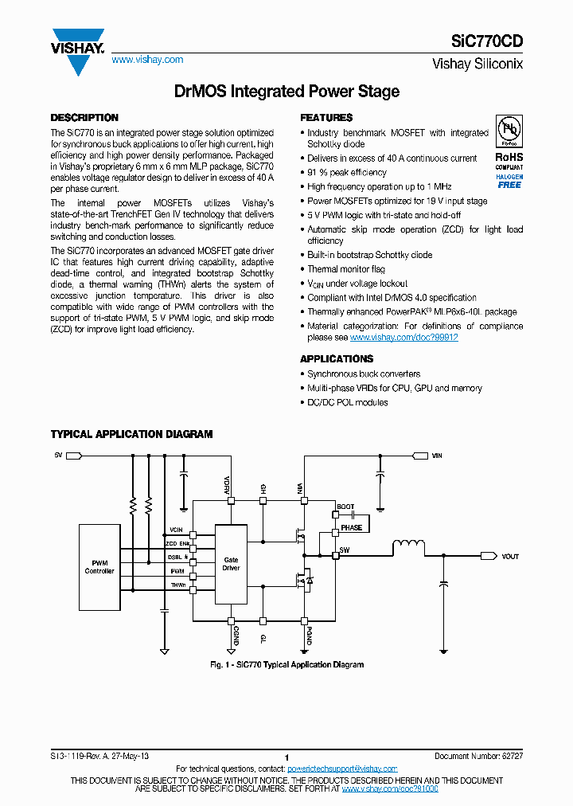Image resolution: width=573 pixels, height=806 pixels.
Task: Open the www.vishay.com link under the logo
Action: coord(147,60)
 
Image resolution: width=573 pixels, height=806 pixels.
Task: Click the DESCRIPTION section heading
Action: coord(84,118)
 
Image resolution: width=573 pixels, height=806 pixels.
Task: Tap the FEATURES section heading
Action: coord(326,118)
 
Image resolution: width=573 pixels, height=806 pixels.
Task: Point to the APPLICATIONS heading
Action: coord(337,359)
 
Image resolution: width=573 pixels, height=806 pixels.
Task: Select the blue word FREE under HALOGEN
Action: coord(509,185)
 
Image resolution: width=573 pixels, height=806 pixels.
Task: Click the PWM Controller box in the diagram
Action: coord(99,567)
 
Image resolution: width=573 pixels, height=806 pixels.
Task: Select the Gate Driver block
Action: coord(231,564)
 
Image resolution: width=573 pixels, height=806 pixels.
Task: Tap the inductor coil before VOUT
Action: coord(408,546)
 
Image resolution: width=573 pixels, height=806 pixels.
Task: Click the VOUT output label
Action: coord(510,557)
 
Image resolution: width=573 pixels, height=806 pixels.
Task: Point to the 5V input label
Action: coord(58,455)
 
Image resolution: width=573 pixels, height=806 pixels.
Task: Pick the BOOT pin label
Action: coord(346,507)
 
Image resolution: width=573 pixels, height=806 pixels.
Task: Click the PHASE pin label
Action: coord(351,527)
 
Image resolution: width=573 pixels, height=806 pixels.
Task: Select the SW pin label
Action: coord(345,550)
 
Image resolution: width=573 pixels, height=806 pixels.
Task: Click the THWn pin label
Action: coord(177,585)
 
